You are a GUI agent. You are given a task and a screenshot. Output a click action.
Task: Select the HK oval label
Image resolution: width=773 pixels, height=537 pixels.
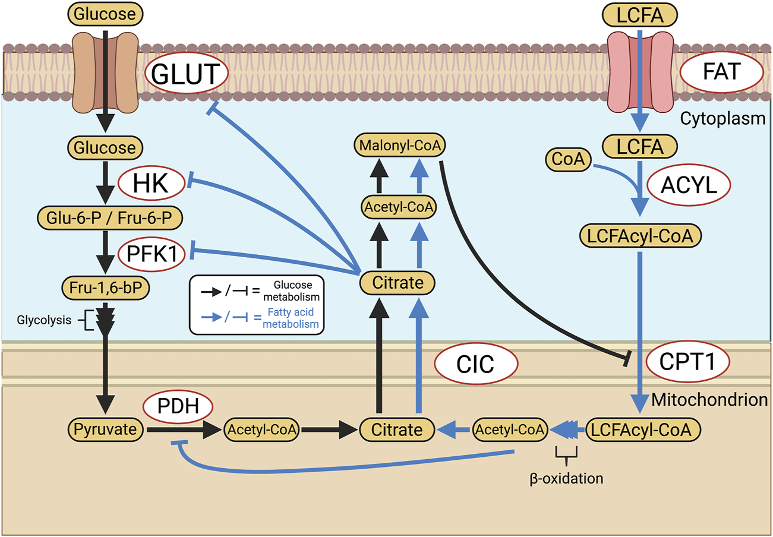pos(152,185)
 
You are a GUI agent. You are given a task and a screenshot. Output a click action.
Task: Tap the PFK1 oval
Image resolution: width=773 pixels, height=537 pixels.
pos(152,252)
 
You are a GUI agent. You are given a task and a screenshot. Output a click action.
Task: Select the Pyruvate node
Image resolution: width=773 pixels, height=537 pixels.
pos(105,428)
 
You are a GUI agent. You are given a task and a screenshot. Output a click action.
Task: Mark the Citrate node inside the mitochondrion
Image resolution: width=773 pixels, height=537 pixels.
pos(397,428)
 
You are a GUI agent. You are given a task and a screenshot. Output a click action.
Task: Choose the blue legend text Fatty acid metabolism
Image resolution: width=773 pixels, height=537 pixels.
pos(292,318)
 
